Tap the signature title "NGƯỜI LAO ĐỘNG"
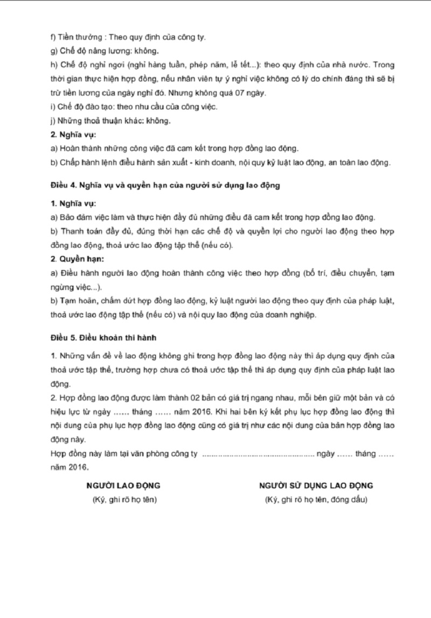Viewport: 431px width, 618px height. [x=123, y=485]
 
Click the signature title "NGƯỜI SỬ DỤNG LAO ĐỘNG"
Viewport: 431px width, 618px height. [x=316, y=485]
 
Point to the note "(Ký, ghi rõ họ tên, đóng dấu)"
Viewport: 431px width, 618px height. [x=316, y=500]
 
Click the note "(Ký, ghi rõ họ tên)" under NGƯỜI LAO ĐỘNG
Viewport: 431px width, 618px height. [x=124, y=500]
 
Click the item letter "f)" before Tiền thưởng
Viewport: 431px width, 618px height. [x=52, y=38]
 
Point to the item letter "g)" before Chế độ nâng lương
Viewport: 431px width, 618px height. [x=53, y=51]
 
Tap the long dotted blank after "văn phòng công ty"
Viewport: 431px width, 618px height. [x=258, y=454]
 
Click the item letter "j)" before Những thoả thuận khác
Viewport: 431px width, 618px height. [x=52, y=120]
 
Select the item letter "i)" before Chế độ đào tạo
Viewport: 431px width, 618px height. [x=52, y=107]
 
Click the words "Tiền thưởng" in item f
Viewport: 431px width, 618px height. [x=78, y=38]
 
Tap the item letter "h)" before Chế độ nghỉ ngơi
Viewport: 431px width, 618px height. [x=53, y=65]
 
